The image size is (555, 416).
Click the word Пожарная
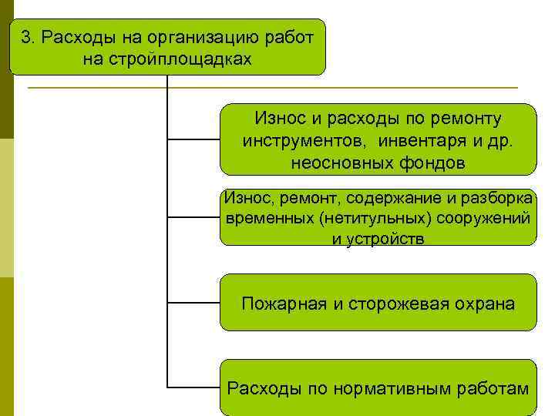pos(284,304)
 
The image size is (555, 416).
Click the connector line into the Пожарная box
pos(193,302)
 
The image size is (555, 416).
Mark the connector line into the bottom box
pos(193,385)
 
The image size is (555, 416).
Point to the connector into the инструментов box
pos(193,140)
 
